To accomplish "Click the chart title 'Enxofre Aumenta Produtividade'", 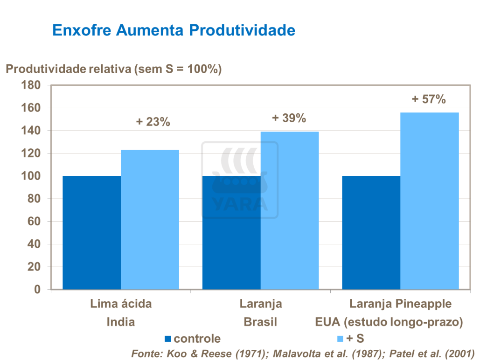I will pos(174,30).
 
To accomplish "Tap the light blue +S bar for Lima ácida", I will pos(150,219).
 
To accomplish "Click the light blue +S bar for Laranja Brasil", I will pos(290,210).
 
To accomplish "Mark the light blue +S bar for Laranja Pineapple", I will pos(430,201).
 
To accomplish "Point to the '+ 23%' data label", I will pos(153,122).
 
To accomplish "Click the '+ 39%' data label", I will pos(289,118).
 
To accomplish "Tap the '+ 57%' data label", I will pos(429,99).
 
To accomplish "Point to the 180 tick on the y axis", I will pos(32,85).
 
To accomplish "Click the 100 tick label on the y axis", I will pos(32,176).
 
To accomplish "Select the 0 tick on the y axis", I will pos(37,290).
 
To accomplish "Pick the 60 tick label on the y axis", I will pos(35,222).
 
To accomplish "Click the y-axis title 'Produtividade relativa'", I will pos(113,69).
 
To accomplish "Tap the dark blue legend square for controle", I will pos(168,339).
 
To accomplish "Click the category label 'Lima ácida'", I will pos(121,304).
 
